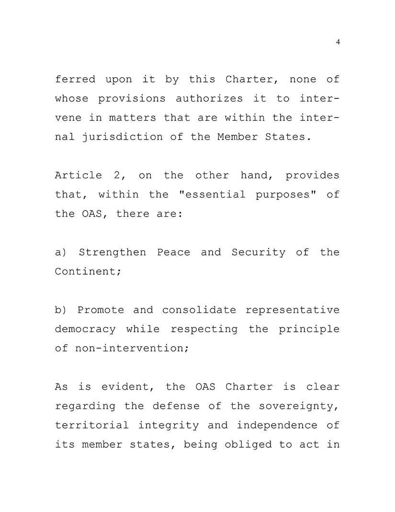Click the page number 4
pos(338,42)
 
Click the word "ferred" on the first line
pos(75,79)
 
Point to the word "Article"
pos(79,175)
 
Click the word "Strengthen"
pos(112,253)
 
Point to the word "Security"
pos(259,253)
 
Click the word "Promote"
pos(101,310)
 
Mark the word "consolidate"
pos(199,310)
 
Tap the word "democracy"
pos(85,329)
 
